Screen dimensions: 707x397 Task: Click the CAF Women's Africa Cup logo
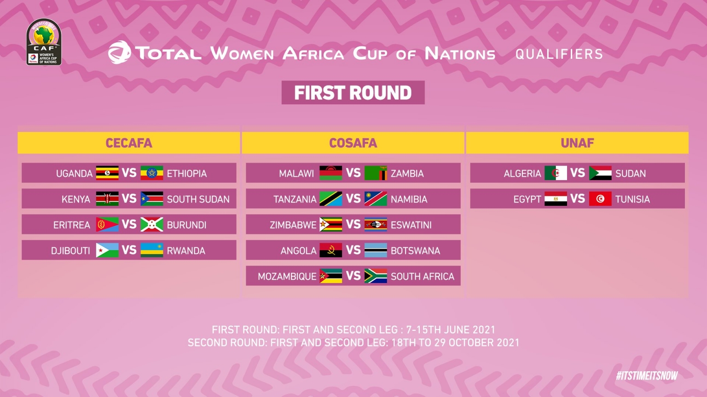[x=44, y=42]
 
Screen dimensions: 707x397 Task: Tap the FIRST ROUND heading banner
[x=353, y=93]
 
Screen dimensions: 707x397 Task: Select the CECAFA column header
[x=129, y=143]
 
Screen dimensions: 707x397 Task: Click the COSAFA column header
[x=353, y=143]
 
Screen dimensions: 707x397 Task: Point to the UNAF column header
[x=577, y=143]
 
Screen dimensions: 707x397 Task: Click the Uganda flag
[x=107, y=173]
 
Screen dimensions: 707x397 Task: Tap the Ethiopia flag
[x=152, y=173]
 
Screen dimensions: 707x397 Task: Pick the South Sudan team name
[x=198, y=199]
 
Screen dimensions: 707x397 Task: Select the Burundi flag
[x=152, y=225]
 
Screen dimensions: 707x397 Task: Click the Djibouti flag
[x=107, y=250]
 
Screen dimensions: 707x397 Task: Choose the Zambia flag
[x=376, y=173]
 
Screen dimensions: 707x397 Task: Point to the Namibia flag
[x=376, y=199]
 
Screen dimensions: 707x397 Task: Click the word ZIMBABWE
[x=293, y=225]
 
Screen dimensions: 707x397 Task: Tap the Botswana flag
[x=376, y=250]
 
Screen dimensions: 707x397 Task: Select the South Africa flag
[x=376, y=276]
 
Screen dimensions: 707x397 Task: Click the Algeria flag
[x=556, y=173]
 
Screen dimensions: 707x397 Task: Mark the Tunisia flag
[x=600, y=199]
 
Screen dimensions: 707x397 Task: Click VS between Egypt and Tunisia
[x=578, y=199]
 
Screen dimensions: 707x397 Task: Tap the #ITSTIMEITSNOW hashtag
[x=647, y=375]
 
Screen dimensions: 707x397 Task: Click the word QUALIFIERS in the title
[x=559, y=54]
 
